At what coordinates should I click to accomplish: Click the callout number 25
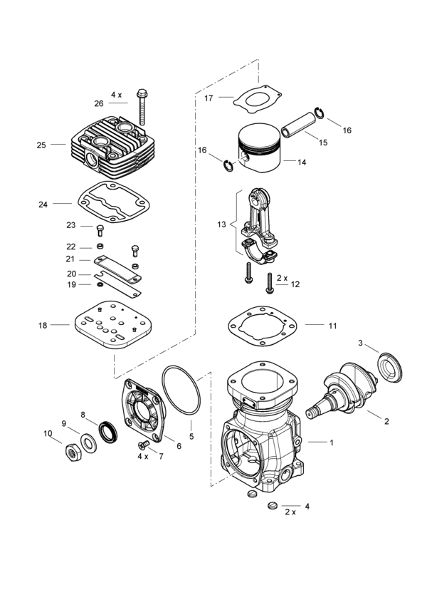click(41, 145)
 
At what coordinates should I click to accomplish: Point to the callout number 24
click(43, 205)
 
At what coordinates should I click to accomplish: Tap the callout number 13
click(221, 224)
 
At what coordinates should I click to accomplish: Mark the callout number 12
click(295, 284)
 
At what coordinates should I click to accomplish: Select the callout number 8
click(83, 414)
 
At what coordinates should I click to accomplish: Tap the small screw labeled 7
click(142, 445)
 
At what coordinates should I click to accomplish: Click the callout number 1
click(331, 442)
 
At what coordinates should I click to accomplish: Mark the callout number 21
click(70, 259)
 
